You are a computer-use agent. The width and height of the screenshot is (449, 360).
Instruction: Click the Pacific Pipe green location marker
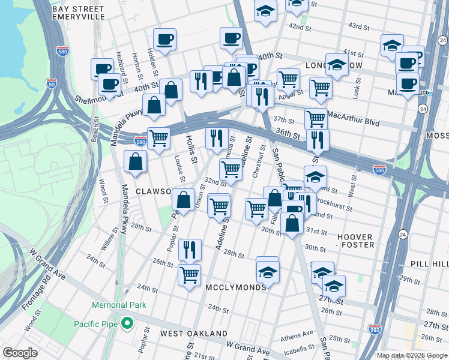(x=127, y=324)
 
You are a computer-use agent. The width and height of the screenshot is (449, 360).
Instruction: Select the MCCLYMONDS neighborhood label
(x=235, y=287)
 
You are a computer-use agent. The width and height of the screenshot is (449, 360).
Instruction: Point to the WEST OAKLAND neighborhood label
(x=193, y=333)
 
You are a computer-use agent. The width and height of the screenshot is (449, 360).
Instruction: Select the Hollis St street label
(x=191, y=149)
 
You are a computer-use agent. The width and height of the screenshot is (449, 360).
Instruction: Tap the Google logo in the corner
(x=20, y=353)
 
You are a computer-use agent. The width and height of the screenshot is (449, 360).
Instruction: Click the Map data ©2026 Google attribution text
(x=412, y=355)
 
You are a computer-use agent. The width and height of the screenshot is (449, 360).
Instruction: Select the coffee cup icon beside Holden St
(x=164, y=40)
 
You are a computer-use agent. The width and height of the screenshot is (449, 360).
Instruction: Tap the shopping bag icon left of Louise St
(x=136, y=161)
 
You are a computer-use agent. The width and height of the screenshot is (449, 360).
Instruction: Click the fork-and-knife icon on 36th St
(x=317, y=139)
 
